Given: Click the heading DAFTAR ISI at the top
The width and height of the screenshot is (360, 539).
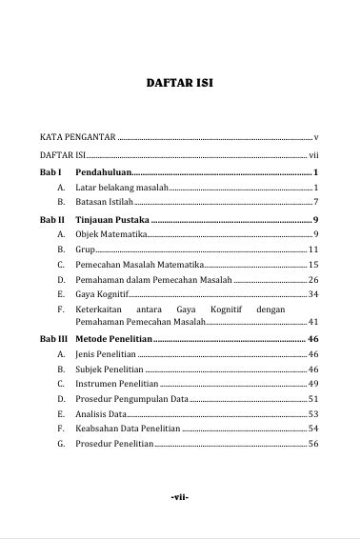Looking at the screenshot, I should coord(179,83).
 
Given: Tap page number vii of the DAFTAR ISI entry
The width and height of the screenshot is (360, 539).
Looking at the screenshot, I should coord(313,154).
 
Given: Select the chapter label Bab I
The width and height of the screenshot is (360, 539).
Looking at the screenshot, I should coord(50,171).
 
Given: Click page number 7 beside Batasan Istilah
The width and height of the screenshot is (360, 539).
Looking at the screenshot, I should coord(315,203).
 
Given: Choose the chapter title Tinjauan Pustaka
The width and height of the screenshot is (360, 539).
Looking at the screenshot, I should coord(111,220).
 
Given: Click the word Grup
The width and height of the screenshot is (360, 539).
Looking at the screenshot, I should coord(85,250).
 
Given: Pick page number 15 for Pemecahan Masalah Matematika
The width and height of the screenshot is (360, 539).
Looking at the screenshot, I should coord(313,265).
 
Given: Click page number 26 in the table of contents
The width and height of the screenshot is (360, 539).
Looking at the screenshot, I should coord(313,280).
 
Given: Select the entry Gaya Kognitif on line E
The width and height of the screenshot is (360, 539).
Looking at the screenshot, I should coord(104,295).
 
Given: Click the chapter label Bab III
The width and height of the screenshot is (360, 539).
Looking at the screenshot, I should coord(53,338).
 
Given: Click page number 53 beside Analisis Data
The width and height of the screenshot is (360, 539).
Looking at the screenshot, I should coord(313,414).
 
